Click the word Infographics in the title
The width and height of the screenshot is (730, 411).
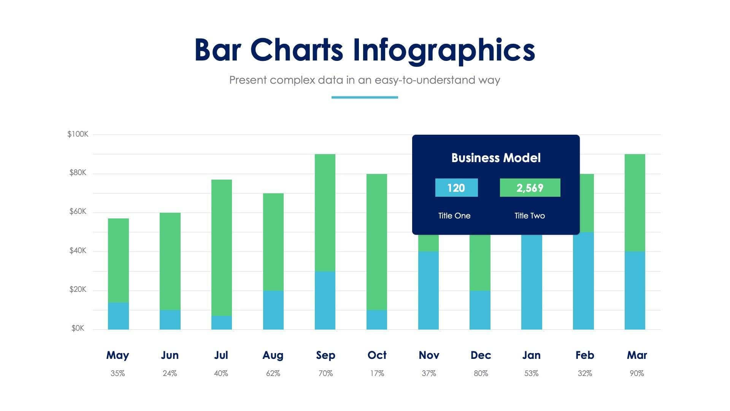444,50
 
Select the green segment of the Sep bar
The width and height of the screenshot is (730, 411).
325,212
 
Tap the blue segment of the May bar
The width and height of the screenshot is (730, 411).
118,316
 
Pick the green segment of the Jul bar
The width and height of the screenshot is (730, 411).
222,247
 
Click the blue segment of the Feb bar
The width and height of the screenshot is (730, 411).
583,281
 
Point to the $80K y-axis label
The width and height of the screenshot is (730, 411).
78,173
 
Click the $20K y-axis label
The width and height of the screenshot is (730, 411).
78,290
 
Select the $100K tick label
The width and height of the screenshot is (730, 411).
78,134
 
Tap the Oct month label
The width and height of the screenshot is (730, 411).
377,355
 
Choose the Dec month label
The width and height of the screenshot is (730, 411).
481,355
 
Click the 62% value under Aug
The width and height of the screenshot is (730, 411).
273,373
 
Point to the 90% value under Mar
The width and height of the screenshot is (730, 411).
637,373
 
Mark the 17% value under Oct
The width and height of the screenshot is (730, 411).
377,373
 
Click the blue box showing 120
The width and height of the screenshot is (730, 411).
456,188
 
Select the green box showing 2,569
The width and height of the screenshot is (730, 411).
530,188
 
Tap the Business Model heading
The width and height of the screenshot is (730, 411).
496,158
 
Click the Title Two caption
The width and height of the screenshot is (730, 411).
530,216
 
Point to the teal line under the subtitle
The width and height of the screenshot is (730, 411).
365,97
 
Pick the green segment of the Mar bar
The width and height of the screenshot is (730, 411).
635,202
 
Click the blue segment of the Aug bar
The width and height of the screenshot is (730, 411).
273,310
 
